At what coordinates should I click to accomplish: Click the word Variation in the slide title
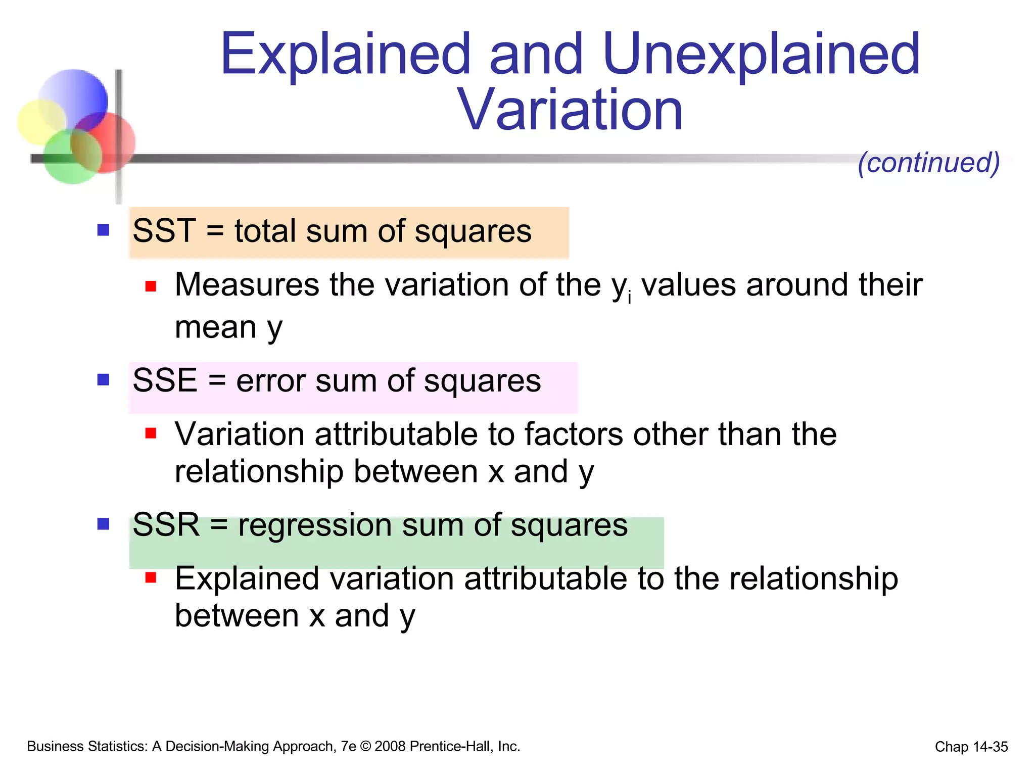pyautogui.click(x=570, y=110)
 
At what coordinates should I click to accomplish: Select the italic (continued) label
pyautogui.click(x=929, y=163)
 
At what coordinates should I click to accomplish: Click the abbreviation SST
pyautogui.click(x=164, y=231)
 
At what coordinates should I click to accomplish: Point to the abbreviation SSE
pyautogui.click(x=165, y=380)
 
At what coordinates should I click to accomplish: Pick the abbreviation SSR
pyautogui.click(x=166, y=525)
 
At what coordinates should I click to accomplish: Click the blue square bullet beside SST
pyautogui.click(x=104, y=230)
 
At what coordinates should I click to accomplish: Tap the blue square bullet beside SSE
pyautogui.click(x=104, y=379)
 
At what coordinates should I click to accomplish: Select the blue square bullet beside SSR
pyautogui.click(x=104, y=524)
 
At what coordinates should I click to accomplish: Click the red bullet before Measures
pyautogui.click(x=151, y=286)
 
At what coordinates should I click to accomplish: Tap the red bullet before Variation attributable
pyautogui.click(x=151, y=433)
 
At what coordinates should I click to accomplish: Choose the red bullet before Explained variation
pyautogui.click(x=151, y=577)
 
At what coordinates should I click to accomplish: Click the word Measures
pyautogui.click(x=247, y=285)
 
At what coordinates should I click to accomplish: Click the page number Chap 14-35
pyautogui.click(x=971, y=747)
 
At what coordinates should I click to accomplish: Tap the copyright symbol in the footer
pyautogui.click(x=365, y=747)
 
